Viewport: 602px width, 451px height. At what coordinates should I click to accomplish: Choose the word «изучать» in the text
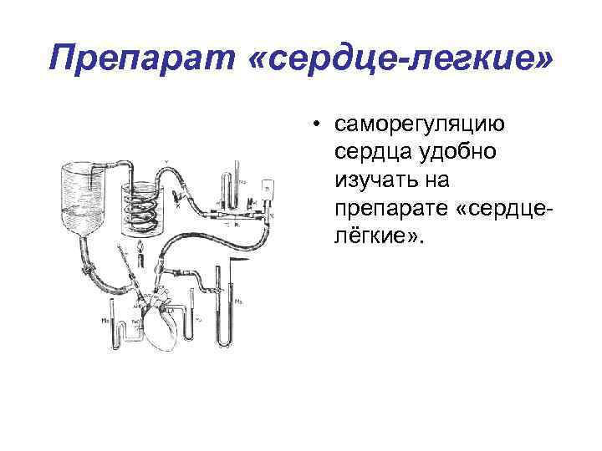(375, 179)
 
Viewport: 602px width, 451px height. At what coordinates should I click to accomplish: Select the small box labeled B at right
(267, 188)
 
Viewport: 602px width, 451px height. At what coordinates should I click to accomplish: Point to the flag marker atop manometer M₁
(239, 263)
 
